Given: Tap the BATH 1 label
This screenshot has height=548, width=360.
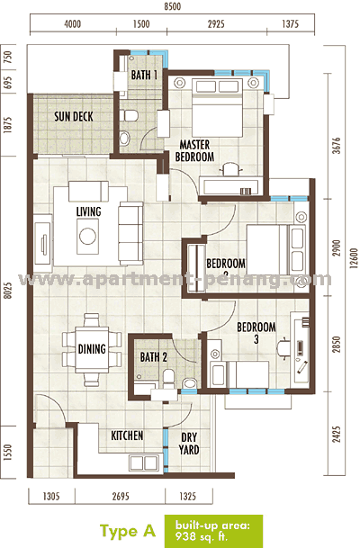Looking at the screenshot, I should click(144, 76).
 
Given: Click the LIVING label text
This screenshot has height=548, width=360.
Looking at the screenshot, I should click(88, 211).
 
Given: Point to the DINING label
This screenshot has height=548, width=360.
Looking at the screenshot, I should click(92, 349).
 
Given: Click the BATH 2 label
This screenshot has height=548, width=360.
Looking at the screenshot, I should click(154, 357).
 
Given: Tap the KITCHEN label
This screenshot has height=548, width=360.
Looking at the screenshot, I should click(127, 436).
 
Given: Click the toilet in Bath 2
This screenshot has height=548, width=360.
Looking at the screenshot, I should click(189, 383).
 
